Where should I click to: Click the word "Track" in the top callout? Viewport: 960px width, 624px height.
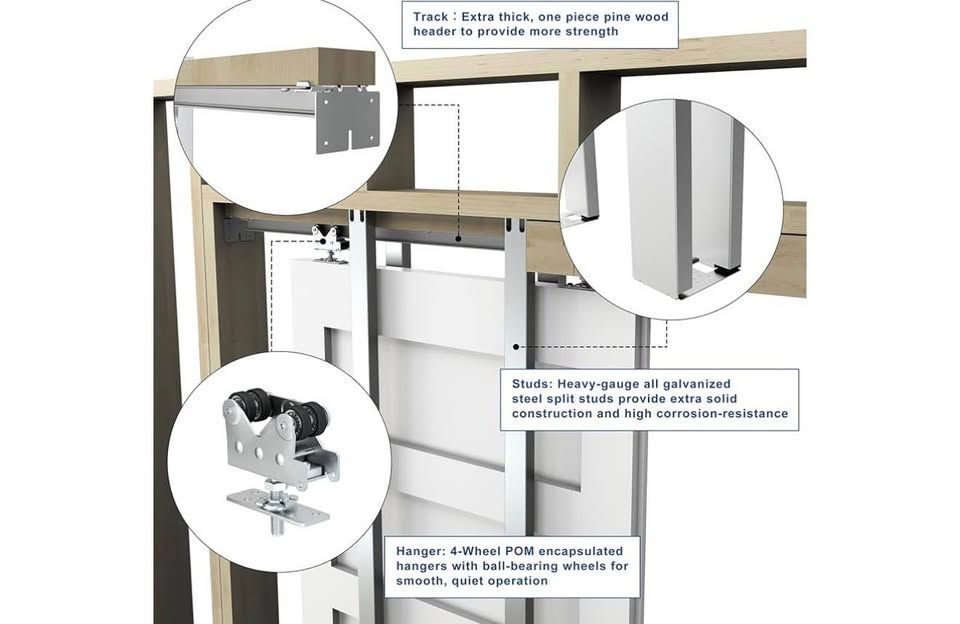point(430,17)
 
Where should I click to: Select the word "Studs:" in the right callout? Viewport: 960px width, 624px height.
point(532,384)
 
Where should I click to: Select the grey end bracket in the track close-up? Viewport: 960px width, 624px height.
point(347,120)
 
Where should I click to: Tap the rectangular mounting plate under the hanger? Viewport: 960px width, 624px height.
point(279,506)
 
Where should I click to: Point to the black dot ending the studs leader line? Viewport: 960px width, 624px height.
point(516,347)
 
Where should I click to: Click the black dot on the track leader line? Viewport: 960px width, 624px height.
point(458,238)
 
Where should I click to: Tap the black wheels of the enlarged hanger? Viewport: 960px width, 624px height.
point(277,410)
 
